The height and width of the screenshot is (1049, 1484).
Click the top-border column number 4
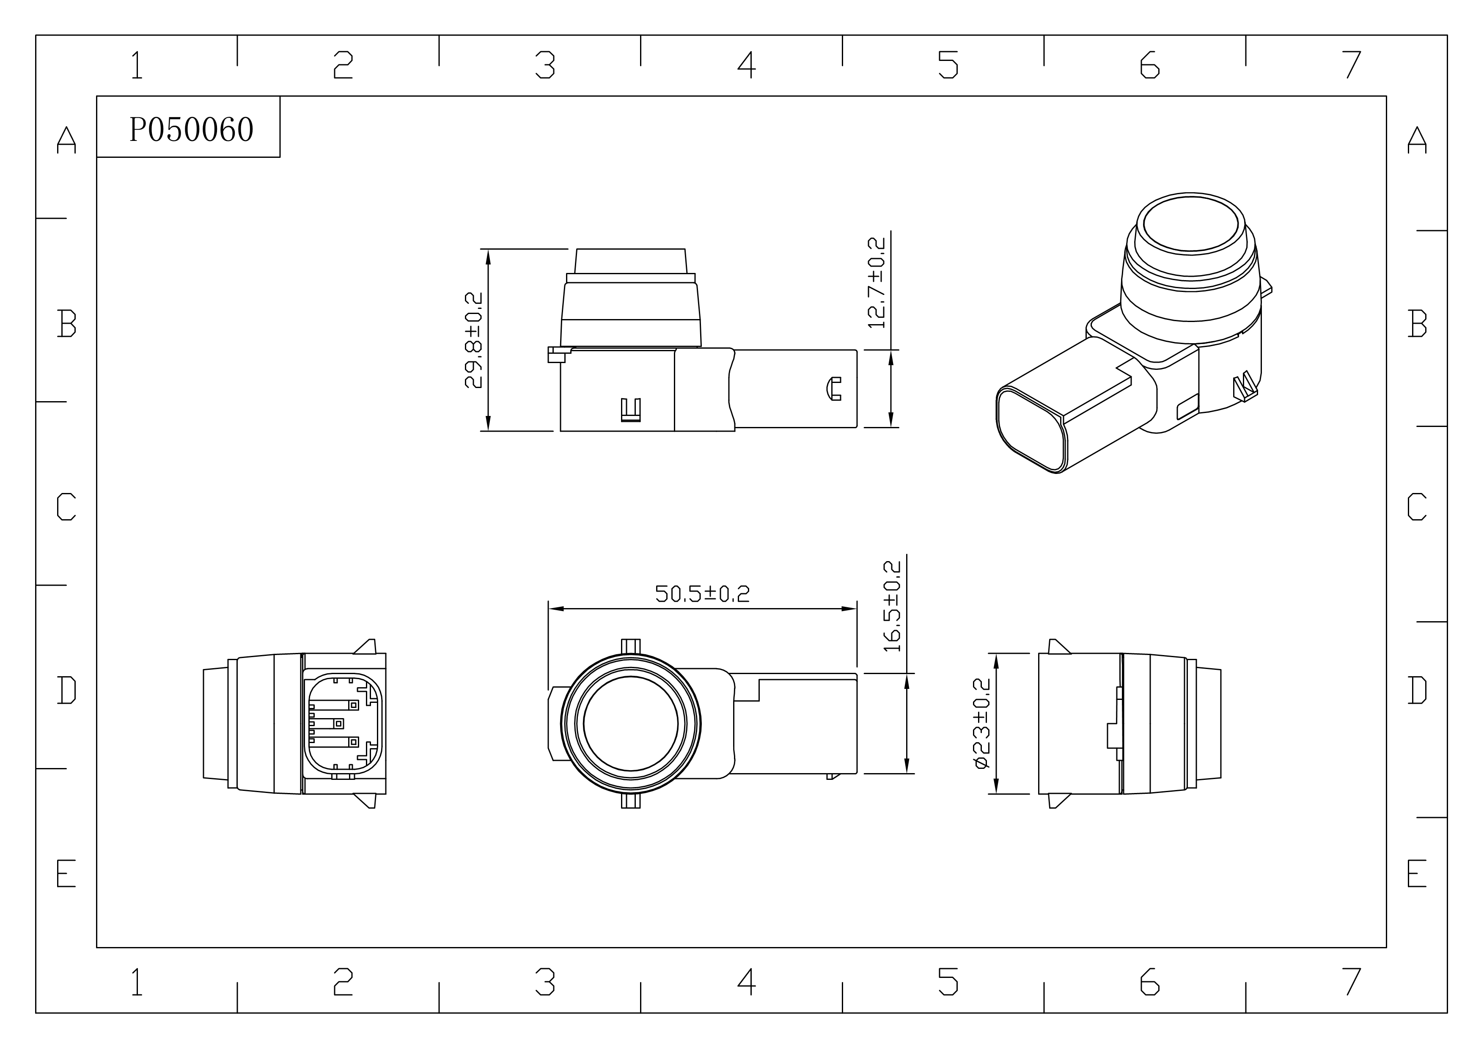click(747, 65)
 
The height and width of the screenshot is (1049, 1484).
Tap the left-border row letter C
click(66, 507)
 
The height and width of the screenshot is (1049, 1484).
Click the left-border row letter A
click(66, 140)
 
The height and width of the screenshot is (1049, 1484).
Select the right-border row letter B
click(1417, 323)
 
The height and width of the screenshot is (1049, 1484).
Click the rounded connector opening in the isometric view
click(1031, 430)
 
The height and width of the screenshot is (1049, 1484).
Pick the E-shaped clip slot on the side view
click(631, 410)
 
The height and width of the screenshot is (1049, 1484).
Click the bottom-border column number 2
click(343, 981)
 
